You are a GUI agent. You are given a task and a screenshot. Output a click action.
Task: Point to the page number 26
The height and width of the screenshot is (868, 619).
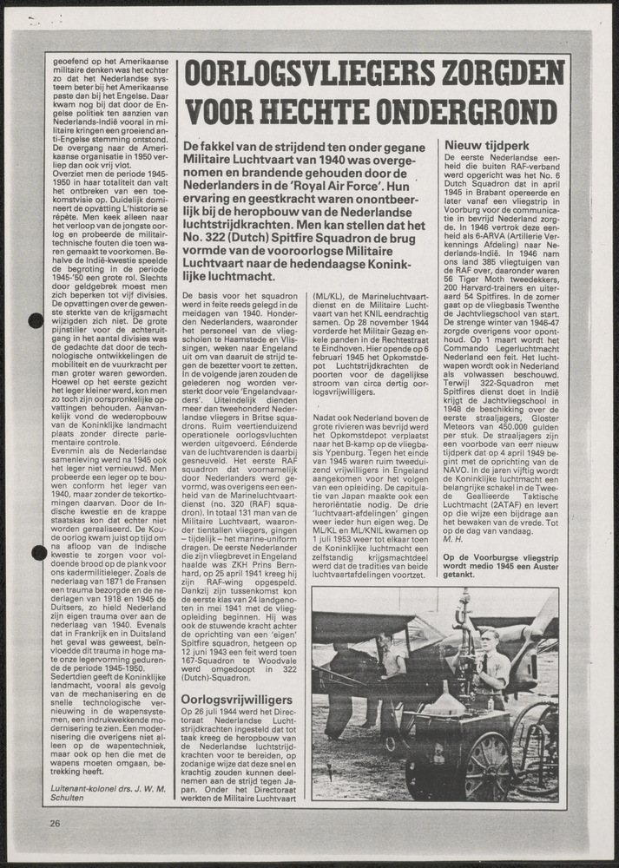pyautogui.click(x=56, y=824)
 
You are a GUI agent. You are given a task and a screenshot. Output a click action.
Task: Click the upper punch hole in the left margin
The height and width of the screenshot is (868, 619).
pyautogui.click(x=36, y=321)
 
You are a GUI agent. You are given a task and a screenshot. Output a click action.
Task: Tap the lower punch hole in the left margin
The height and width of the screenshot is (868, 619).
pyautogui.click(x=39, y=553)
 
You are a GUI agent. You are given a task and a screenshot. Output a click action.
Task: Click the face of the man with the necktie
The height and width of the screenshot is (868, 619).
pyautogui.click(x=488, y=643)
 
